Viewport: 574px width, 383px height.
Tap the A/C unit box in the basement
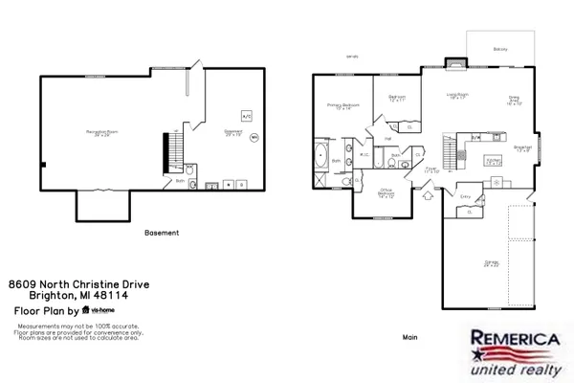(x=246, y=115)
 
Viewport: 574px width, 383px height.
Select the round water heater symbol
(x=254, y=137)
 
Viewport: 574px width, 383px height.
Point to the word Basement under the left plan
(x=161, y=233)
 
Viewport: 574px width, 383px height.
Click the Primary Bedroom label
(x=343, y=106)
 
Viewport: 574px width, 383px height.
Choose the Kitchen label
(x=493, y=161)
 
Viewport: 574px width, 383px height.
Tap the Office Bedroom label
(x=386, y=191)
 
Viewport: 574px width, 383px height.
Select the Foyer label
(x=431, y=170)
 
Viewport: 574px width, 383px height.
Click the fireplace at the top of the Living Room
(x=457, y=67)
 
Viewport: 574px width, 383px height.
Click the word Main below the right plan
(x=410, y=337)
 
